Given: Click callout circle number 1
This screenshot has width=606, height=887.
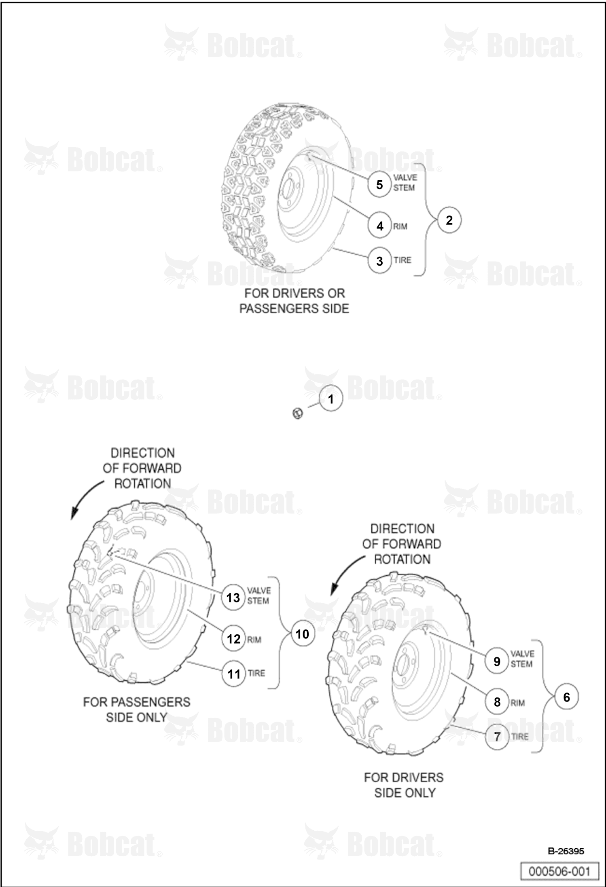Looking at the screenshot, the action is pyautogui.click(x=331, y=399).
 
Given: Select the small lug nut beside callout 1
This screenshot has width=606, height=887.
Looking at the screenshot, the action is pyautogui.click(x=298, y=414).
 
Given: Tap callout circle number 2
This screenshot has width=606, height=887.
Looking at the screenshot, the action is pyautogui.click(x=449, y=221).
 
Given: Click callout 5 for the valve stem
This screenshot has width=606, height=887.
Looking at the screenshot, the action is pyautogui.click(x=379, y=185).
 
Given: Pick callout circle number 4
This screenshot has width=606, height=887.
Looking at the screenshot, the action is pyautogui.click(x=379, y=226).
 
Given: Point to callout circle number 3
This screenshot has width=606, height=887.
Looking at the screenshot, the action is pyautogui.click(x=379, y=261).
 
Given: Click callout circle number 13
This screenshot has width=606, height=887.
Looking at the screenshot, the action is pyautogui.click(x=233, y=598).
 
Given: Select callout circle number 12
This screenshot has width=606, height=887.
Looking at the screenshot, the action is pyautogui.click(x=233, y=639).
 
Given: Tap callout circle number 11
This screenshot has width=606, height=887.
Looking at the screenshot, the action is pyautogui.click(x=233, y=674).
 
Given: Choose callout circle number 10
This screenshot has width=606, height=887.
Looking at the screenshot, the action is pyautogui.click(x=303, y=634).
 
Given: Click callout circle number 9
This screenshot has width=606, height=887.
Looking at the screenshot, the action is pyautogui.click(x=497, y=661).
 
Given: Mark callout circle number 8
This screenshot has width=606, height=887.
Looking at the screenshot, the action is pyautogui.click(x=497, y=702).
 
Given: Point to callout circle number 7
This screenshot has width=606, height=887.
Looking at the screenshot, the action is pyautogui.click(x=497, y=737).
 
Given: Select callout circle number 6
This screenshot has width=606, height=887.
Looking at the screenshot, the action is pyautogui.click(x=566, y=697).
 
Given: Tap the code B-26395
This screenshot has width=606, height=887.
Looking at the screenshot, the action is pyautogui.click(x=566, y=851).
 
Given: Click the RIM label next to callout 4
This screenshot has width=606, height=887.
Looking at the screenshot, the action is pyautogui.click(x=400, y=227).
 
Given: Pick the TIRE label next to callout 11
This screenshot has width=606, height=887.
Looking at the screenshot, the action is pyautogui.click(x=256, y=673).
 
